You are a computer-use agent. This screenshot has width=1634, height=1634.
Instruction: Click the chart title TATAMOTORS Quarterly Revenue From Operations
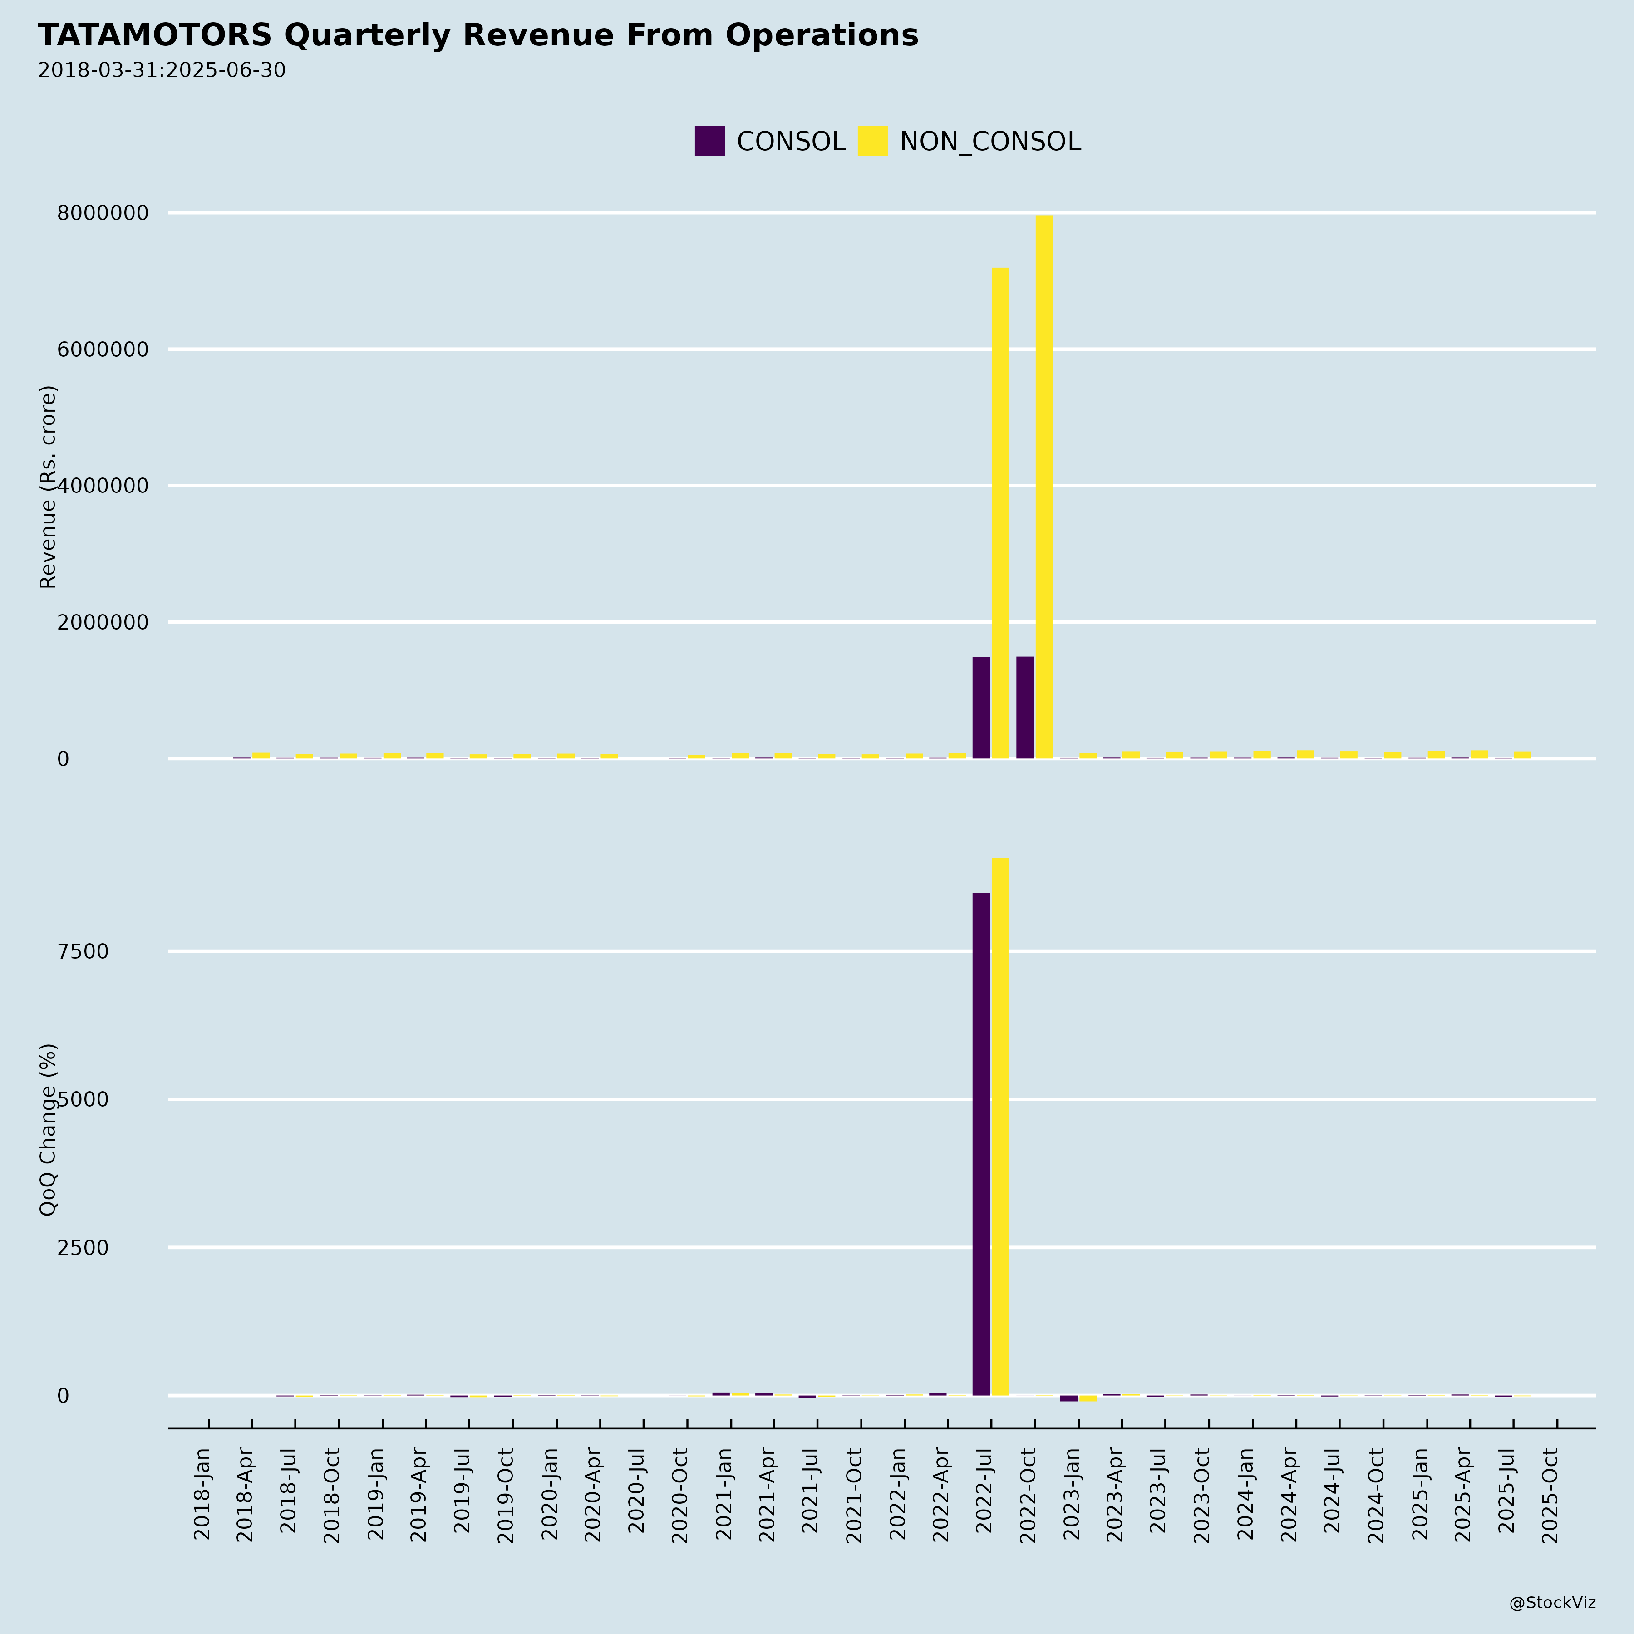click(x=478, y=35)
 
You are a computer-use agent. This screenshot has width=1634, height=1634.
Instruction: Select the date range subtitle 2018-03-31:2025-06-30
click(x=162, y=70)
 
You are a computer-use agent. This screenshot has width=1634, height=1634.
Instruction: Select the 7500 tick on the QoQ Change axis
click(x=83, y=951)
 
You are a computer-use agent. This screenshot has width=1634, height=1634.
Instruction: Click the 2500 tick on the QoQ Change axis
click(x=83, y=1247)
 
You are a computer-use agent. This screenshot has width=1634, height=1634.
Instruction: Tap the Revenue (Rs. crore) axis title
click(x=48, y=486)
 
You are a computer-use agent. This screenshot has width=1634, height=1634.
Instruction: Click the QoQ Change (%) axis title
click(x=48, y=1129)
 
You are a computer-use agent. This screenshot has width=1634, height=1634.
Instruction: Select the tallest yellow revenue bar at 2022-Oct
click(x=1044, y=486)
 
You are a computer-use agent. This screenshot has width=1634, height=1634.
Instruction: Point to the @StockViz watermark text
click(x=1552, y=1603)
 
